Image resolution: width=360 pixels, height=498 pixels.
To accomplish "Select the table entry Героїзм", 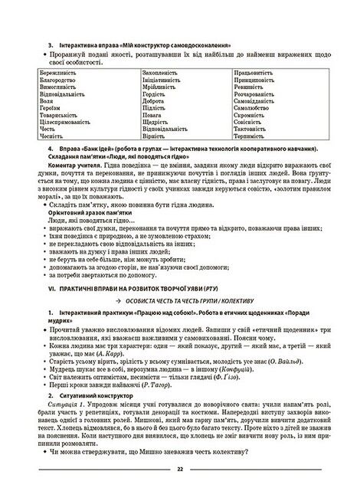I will [x=51, y=108].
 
